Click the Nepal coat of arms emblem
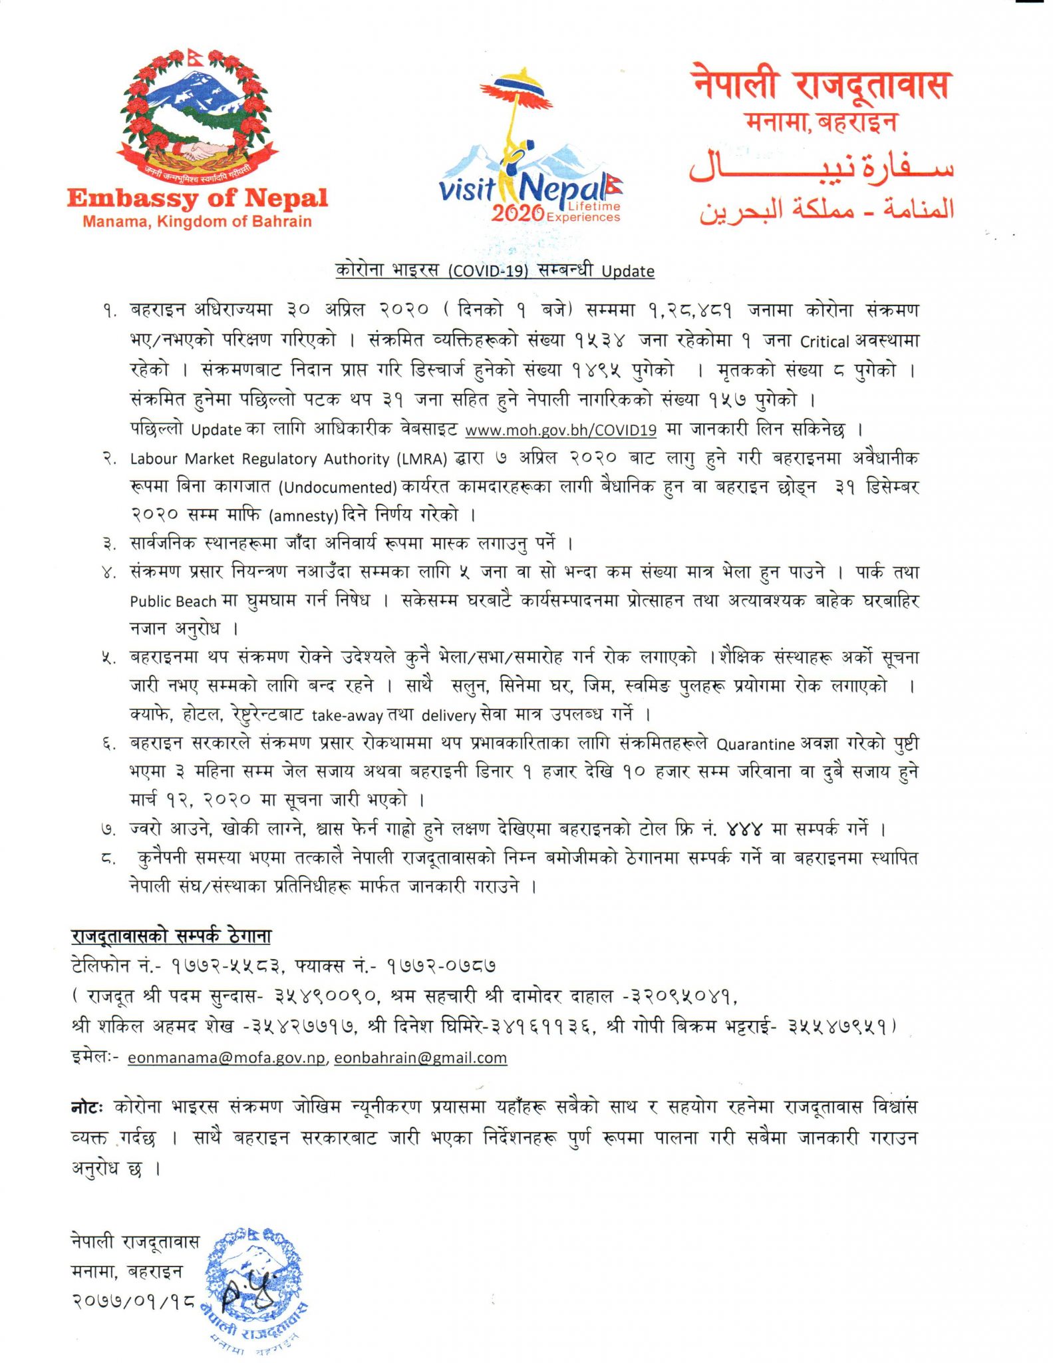pyautogui.click(x=197, y=116)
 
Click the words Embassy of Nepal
pyautogui.click(x=198, y=198)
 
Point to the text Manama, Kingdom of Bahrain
pyautogui.click(x=197, y=222)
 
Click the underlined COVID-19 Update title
pyautogui.click(x=494, y=270)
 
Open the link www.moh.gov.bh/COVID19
pyautogui.click(x=561, y=430)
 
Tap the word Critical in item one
pyautogui.click(x=824, y=341)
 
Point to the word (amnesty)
pyautogui.click(x=304, y=515)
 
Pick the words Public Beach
pyautogui.click(x=173, y=601)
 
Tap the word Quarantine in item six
pyautogui.click(x=755, y=744)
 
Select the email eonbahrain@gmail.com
pyautogui.click(x=420, y=1058)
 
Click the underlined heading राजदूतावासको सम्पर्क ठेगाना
pyautogui.click(x=171, y=936)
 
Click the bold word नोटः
pyautogui.click(x=87, y=1107)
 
